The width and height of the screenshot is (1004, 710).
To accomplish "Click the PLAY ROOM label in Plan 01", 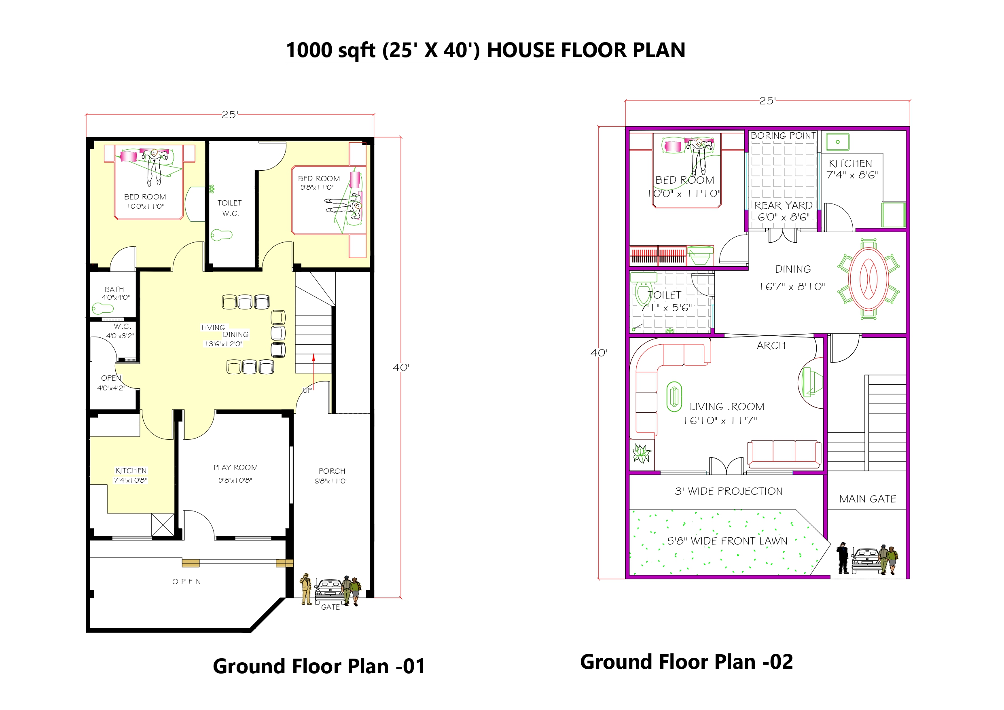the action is [x=235, y=468].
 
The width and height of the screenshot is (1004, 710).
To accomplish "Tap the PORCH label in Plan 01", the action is [x=332, y=471].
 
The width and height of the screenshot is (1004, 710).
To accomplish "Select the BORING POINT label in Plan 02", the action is [x=783, y=136].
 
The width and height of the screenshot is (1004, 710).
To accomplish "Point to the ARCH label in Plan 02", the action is [x=771, y=345].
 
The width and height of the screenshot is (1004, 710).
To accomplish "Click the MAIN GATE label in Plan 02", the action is [x=868, y=499].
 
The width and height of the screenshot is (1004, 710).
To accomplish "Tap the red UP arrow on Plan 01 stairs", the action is [x=313, y=365].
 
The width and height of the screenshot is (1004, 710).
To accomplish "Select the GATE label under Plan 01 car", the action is [x=330, y=607].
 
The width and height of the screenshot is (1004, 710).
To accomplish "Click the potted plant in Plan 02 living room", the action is [x=642, y=454].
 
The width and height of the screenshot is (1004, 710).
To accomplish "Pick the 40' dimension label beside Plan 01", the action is [x=400, y=367].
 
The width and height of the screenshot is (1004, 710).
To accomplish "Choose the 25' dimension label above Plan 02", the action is [x=767, y=101].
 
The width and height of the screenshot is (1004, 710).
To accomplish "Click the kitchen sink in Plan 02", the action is [x=837, y=142].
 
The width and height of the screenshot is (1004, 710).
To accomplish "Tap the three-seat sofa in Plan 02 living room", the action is [x=784, y=454].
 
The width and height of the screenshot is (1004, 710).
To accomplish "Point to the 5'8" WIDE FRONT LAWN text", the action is [x=727, y=541].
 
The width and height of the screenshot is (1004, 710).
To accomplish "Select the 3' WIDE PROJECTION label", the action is [x=729, y=491].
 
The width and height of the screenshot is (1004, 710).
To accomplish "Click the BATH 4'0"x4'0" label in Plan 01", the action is [x=115, y=293].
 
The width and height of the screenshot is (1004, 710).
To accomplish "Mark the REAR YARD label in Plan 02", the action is [x=783, y=206].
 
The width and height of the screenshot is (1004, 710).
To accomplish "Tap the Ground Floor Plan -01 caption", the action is [x=319, y=666].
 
